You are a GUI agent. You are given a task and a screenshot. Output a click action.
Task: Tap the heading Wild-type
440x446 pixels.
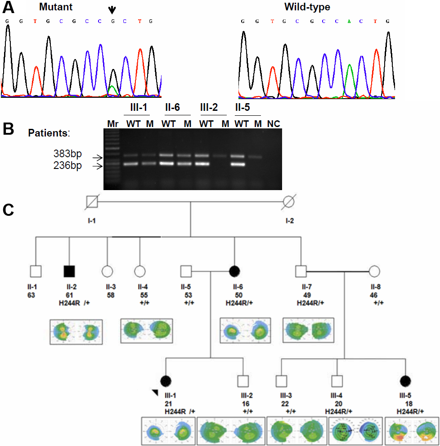[307, 7]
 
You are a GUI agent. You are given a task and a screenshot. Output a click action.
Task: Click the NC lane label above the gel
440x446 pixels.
[274, 123]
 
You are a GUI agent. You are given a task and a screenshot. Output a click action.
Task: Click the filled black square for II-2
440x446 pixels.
[69, 272]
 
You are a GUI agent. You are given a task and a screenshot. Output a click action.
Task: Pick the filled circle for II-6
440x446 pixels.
[234, 272]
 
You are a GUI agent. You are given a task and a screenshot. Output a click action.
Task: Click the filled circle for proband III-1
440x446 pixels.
[166, 381]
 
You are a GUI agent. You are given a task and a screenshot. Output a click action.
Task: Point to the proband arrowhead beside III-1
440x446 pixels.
[155, 394]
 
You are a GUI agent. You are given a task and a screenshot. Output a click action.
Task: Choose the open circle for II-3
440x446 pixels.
[107, 272]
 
